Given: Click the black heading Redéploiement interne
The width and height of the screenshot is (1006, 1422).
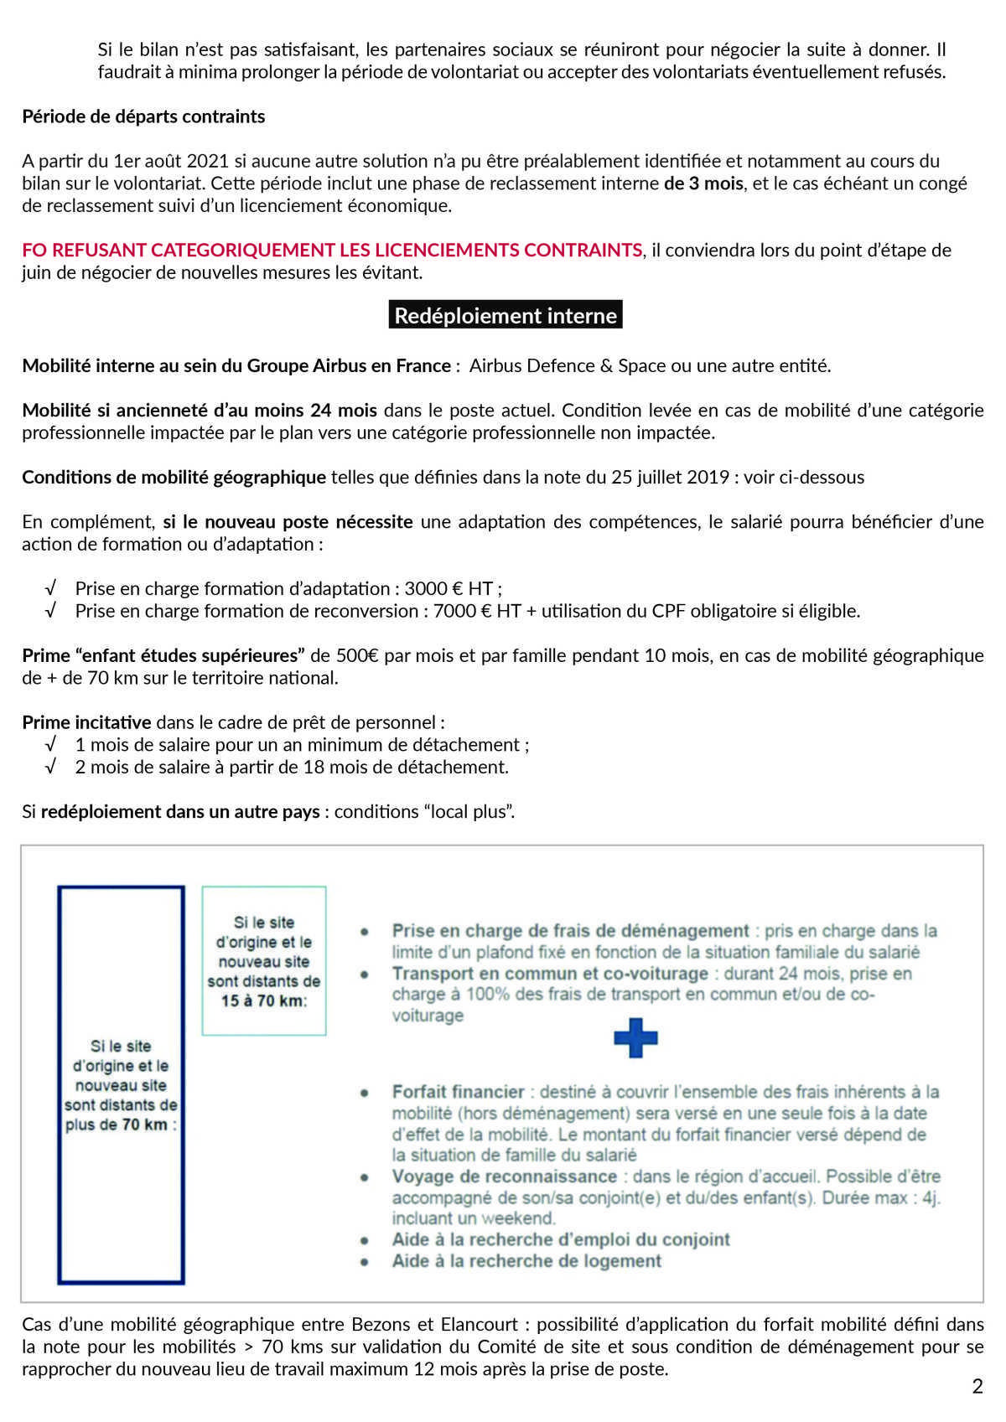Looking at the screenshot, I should coord(506,315).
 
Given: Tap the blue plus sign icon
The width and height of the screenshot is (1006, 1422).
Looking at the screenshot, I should coord(635,1038).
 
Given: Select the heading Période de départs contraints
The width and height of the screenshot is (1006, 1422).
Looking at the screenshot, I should coord(143,116).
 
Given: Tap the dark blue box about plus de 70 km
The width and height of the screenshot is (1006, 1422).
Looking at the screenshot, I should coord(121,1085).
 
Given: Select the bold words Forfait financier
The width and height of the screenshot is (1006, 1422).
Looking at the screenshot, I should coord(458,1092).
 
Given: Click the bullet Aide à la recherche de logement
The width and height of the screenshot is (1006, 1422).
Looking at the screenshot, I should coord(526,1261).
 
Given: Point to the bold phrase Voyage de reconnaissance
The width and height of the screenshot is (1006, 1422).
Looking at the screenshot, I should coord(504,1176).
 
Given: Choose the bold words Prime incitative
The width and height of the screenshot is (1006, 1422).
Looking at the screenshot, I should coord(86,722).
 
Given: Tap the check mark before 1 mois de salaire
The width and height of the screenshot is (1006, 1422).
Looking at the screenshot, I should coord(51,745).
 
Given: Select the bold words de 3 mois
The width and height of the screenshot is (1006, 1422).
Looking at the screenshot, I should coord(703,184).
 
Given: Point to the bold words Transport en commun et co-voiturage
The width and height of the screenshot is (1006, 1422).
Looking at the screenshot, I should coord(550,974).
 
